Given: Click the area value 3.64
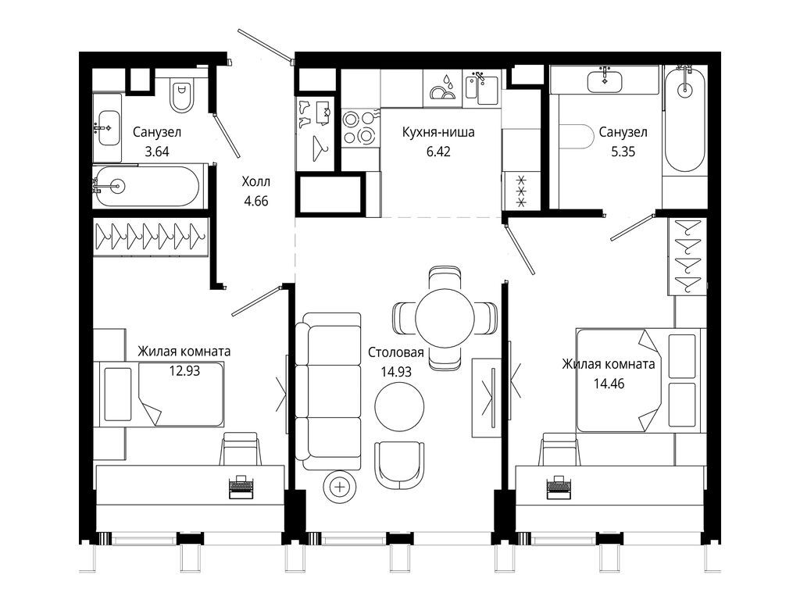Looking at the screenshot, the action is (x=156, y=152).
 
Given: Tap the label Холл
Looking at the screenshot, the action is (x=255, y=181).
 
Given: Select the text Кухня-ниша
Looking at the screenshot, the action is (x=438, y=132).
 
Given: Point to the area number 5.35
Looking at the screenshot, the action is (x=623, y=152).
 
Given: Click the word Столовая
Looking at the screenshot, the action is (x=396, y=352).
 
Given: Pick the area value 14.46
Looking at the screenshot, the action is (x=609, y=384).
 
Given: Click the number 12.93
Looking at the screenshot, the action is (x=184, y=371).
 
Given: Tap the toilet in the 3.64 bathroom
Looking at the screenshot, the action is (x=182, y=95).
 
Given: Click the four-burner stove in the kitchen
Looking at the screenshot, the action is (x=360, y=127).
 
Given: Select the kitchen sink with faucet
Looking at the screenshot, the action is (x=482, y=88).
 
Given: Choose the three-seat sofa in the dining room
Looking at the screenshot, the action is (x=329, y=391).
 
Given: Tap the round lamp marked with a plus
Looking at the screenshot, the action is (x=340, y=487).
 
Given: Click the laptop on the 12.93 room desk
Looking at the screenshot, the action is (x=241, y=486).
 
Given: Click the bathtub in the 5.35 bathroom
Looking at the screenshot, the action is (x=684, y=119).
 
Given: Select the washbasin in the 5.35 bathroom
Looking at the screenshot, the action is (x=605, y=81).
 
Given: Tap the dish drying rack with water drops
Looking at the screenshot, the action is (x=443, y=88).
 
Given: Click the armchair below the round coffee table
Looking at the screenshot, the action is (x=399, y=464).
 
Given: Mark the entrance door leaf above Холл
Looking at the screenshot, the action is (x=266, y=46).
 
